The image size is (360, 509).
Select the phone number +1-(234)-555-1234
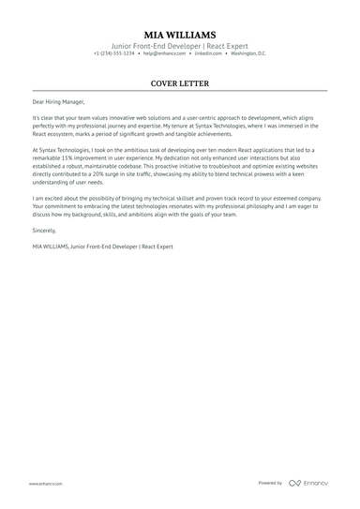click(x=113, y=53)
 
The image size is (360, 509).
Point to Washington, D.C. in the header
click(x=248, y=53)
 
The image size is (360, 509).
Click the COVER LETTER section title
click(x=179, y=83)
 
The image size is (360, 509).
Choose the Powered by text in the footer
click(x=270, y=483)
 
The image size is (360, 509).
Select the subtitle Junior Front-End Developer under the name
click(x=150, y=44)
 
